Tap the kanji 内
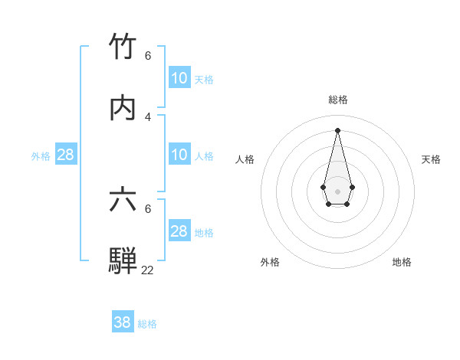(123, 108)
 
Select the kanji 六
(123, 200)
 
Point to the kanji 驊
(123, 260)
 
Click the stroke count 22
(147, 270)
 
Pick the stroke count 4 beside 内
(148, 116)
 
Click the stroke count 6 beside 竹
(148, 56)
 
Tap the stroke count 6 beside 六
(148, 208)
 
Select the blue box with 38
(122, 322)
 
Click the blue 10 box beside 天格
(179, 78)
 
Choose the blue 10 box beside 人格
(179, 155)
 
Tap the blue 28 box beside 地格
(179, 231)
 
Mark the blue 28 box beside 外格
(66, 155)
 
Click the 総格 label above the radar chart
(338, 100)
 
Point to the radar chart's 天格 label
(431, 159)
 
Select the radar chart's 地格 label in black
(402, 262)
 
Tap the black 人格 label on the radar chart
(245, 159)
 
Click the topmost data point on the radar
(337, 129)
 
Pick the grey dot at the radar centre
(337, 190)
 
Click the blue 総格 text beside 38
(147, 324)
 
